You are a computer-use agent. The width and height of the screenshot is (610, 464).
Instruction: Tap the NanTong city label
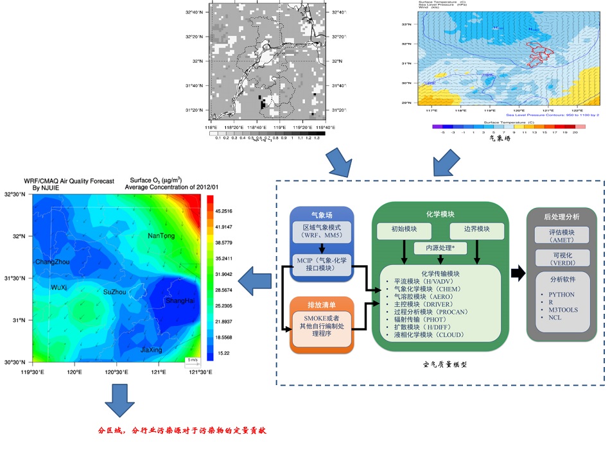pyautogui.click(x=161, y=236)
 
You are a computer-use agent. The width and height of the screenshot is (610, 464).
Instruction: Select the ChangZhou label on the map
pyautogui.click(x=53, y=262)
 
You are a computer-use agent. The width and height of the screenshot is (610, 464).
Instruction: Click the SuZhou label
pyautogui.click(x=115, y=292)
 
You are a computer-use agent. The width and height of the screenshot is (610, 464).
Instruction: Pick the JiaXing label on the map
pyautogui.click(x=151, y=350)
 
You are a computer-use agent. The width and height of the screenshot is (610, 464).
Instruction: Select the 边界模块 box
pyautogui.click(x=476, y=229)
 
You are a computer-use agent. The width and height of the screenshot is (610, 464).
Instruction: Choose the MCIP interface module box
pyautogui.click(x=323, y=264)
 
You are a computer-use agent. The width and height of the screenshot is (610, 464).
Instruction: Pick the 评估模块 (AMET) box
pyautogui.click(x=566, y=234)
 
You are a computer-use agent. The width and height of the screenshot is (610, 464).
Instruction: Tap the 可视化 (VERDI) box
pyautogui.click(x=566, y=257)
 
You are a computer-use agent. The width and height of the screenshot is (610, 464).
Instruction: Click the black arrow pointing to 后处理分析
pyautogui.click(x=518, y=273)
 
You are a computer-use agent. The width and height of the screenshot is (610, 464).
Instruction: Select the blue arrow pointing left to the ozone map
pyautogui.click(x=254, y=280)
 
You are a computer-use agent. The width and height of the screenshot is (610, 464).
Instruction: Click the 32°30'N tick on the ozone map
pyautogui.click(x=15, y=195)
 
